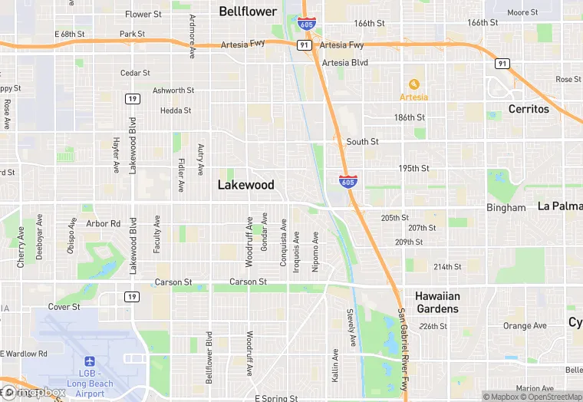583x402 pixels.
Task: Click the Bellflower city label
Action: (x=248, y=11)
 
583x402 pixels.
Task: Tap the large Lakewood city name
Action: (x=245, y=185)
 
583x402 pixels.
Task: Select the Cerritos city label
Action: (x=529, y=109)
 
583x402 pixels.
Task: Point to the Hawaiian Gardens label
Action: (x=437, y=302)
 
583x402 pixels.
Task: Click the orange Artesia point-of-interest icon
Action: (x=413, y=84)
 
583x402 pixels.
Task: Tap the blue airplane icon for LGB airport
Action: (x=90, y=361)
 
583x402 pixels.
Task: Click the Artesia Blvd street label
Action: (x=345, y=63)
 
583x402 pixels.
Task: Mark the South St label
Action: (x=362, y=142)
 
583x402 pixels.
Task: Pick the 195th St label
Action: (x=413, y=168)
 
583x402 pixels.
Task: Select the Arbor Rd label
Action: (x=104, y=224)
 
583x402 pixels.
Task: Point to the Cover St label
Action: (x=64, y=307)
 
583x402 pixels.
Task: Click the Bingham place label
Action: (x=506, y=208)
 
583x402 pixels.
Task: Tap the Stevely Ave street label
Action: (x=351, y=326)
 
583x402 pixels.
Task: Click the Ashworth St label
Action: (x=173, y=91)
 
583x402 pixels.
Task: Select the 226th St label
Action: (x=433, y=326)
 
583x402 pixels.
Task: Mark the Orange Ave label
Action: (x=525, y=326)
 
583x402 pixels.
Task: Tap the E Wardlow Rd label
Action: (x=24, y=354)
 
